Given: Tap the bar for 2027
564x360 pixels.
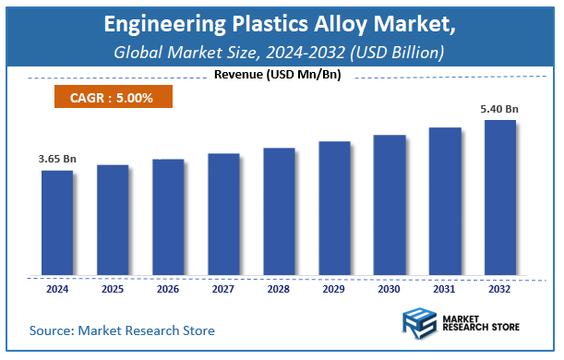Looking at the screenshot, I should tap(223, 214).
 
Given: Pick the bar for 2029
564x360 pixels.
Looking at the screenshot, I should tap(334, 209).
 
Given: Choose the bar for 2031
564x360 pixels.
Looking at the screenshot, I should tap(445, 201).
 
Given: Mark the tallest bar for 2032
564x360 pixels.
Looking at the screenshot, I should tap(500, 198).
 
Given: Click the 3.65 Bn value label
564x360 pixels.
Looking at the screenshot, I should tap(57, 160).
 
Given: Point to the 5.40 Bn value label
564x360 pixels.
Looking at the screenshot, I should tap(499, 109).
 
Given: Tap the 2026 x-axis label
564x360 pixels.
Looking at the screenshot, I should tap(168, 289).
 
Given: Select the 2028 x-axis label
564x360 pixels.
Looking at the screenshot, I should tap(279, 289).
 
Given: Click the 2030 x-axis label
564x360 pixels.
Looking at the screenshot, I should tap(390, 289).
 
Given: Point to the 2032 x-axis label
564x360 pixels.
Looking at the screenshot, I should tap(500, 289).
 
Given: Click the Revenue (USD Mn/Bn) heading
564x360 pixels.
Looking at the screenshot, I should tap(277, 75).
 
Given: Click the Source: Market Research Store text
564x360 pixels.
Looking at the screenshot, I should tap(122, 330).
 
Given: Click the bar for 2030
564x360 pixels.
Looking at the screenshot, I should tap(390, 205).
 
